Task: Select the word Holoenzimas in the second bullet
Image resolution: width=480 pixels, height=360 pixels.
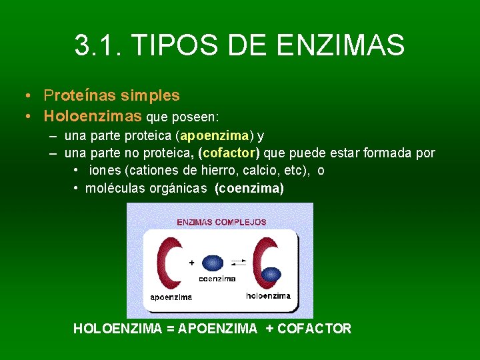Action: point(93,116)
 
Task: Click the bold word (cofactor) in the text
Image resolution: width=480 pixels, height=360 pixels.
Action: point(229,153)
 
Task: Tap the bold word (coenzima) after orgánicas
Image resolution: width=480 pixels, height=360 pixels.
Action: point(249,189)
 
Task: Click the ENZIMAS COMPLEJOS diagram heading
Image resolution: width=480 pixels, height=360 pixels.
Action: point(221,222)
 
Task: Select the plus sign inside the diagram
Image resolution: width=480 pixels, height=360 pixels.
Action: point(192,263)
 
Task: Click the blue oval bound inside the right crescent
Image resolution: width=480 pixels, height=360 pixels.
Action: point(271,274)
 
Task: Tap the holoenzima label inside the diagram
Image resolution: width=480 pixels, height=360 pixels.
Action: point(268,295)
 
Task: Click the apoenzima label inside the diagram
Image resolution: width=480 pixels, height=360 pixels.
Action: point(171,297)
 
